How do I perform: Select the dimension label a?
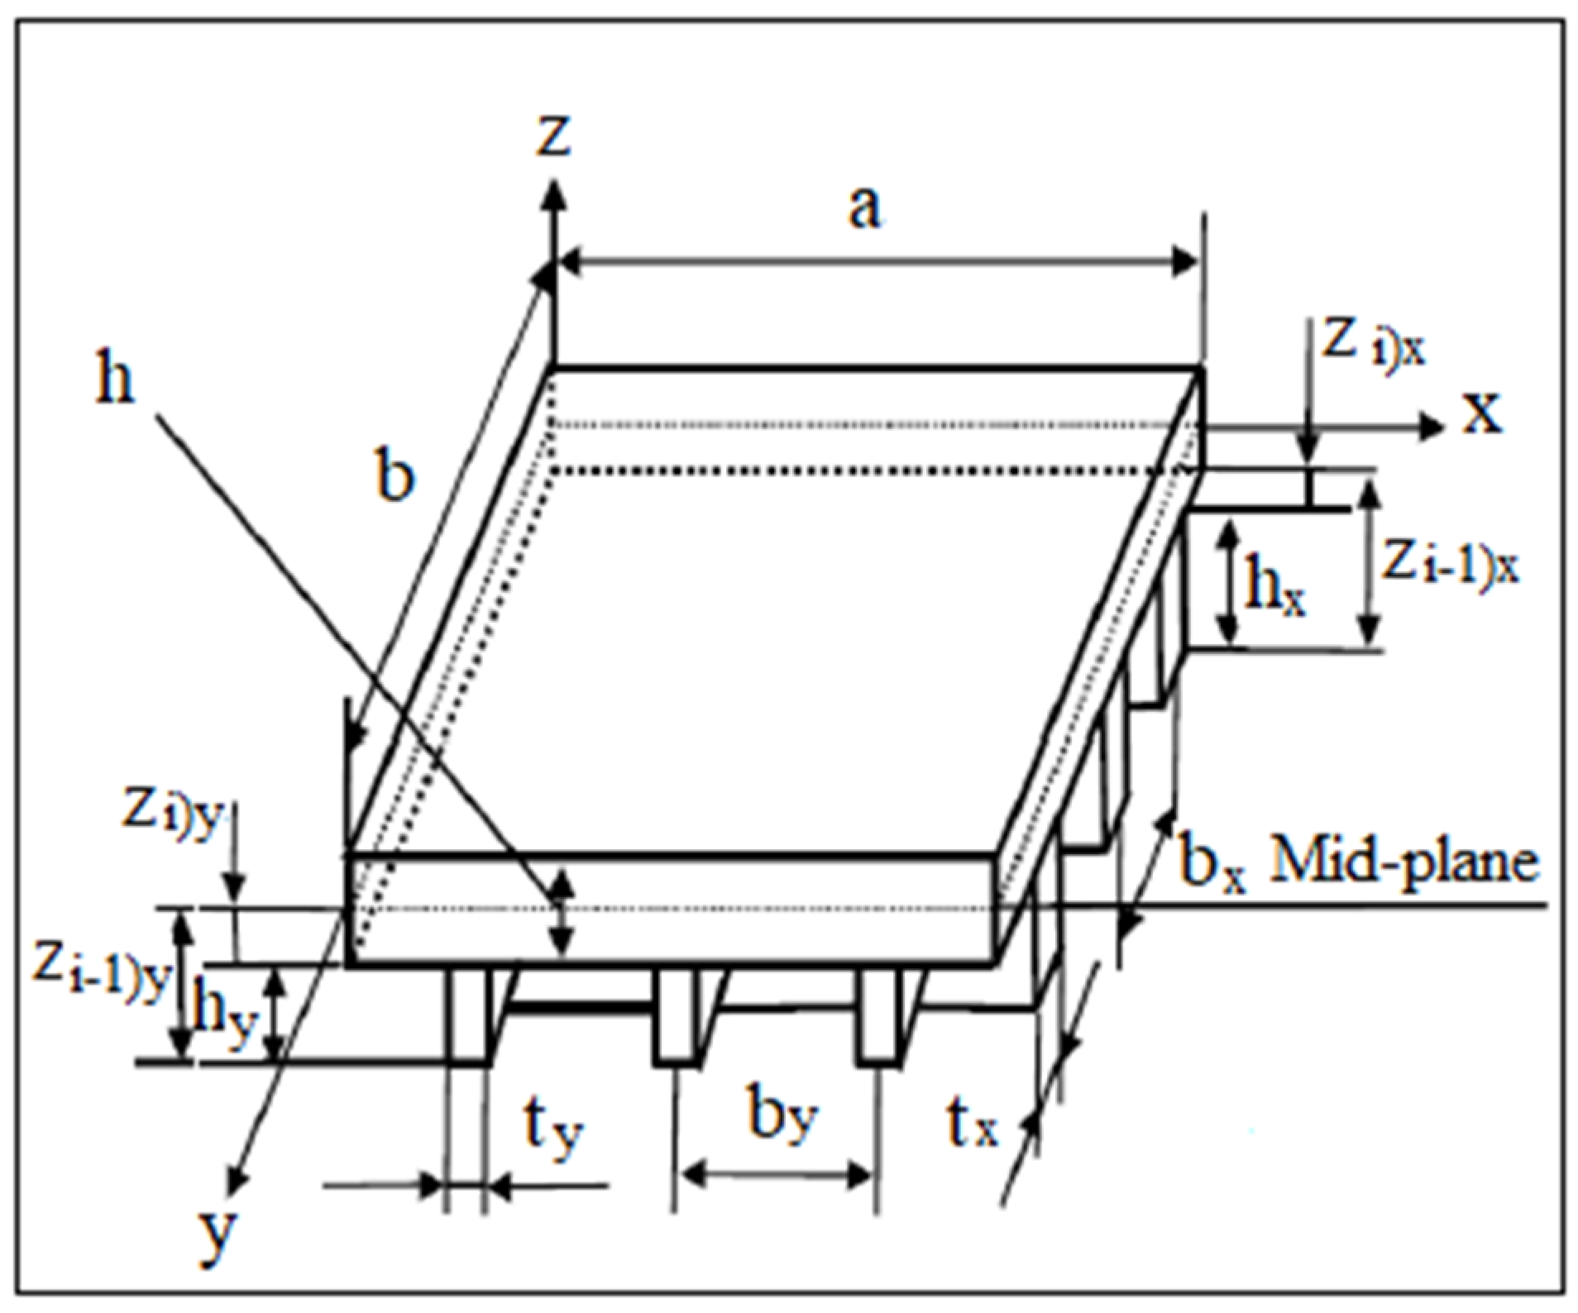tap(865, 208)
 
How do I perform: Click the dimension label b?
tap(394, 477)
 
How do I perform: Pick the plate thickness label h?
tap(114, 382)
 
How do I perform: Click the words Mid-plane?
tap(1404, 862)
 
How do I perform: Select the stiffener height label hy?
tap(222, 1019)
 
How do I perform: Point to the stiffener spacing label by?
tap(782, 1116)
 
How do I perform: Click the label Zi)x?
tap(1374, 346)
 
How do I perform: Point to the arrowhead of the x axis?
tap(1431, 427)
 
